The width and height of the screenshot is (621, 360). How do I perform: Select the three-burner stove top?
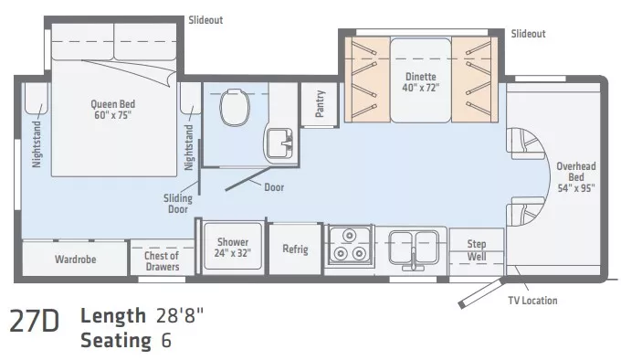point(348,248)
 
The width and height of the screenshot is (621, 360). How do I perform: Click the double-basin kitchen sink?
point(414,246)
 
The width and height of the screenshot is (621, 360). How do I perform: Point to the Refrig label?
point(295,249)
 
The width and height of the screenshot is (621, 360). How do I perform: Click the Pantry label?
point(320,104)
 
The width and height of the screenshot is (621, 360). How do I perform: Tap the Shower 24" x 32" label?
point(233,248)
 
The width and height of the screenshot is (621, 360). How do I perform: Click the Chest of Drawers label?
point(162,260)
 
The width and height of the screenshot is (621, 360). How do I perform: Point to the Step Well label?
point(477,249)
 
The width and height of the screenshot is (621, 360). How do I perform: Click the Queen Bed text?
point(113,110)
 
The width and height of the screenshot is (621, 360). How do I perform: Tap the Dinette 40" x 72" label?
point(421,82)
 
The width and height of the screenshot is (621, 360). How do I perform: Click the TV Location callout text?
point(532,300)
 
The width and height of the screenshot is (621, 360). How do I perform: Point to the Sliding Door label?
point(178,203)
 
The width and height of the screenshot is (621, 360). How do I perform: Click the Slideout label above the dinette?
point(528,34)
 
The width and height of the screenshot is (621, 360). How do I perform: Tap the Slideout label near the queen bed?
point(205,19)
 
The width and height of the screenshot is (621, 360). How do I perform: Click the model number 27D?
point(35,322)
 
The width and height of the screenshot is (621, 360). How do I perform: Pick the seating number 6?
point(165,340)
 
